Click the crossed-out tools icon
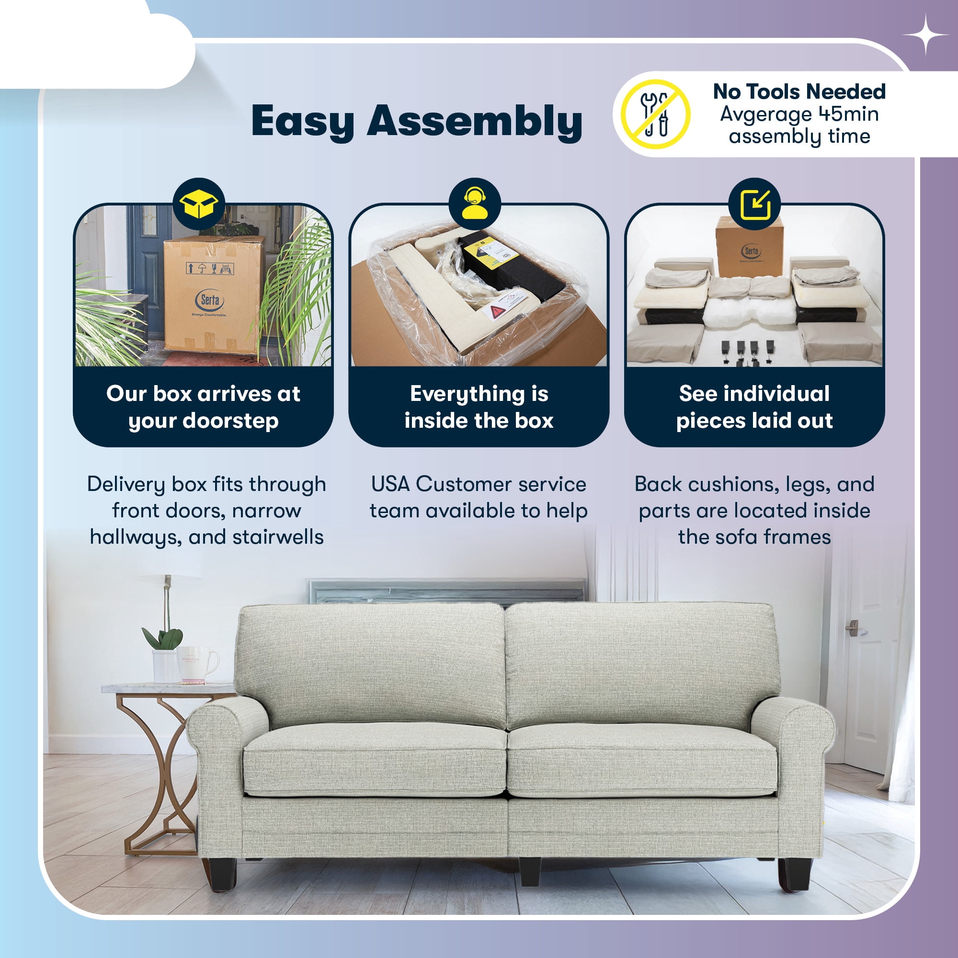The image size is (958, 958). click(656, 114)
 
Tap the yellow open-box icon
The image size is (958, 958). click(199, 203)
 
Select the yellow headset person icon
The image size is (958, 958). click(475, 203)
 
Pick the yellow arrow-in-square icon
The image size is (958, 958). click(755, 205)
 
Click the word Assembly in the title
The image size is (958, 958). click(475, 122)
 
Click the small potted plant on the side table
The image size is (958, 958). click(164, 653)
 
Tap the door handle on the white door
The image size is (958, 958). click(854, 627)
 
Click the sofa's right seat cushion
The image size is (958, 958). click(642, 759)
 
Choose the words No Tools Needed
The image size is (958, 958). click(799, 92)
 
